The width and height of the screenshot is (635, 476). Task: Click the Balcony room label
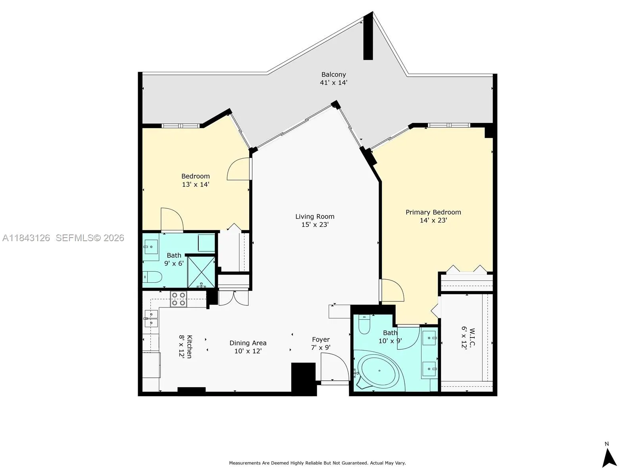tap(333, 75)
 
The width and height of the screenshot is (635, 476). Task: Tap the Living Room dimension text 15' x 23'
tap(315, 225)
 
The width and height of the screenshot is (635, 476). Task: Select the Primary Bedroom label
tap(433, 212)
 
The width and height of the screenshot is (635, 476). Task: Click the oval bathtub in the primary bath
tap(379, 371)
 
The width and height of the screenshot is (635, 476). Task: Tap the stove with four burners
tap(178, 299)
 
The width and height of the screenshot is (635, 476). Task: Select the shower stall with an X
tap(201, 272)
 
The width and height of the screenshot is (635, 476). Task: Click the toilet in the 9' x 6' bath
tap(152, 277)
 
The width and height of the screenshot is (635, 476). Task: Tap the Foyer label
tap(321, 340)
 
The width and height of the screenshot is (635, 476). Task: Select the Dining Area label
tap(248, 343)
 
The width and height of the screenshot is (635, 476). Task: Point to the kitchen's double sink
tap(151, 319)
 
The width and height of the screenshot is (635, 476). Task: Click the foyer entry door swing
tap(334, 367)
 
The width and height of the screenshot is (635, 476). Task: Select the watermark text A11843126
tap(26, 238)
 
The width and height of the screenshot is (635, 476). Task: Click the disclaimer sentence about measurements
tap(317, 463)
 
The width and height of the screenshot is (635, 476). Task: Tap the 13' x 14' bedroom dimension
tap(195, 184)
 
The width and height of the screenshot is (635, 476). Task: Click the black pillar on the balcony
tap(368, 38)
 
